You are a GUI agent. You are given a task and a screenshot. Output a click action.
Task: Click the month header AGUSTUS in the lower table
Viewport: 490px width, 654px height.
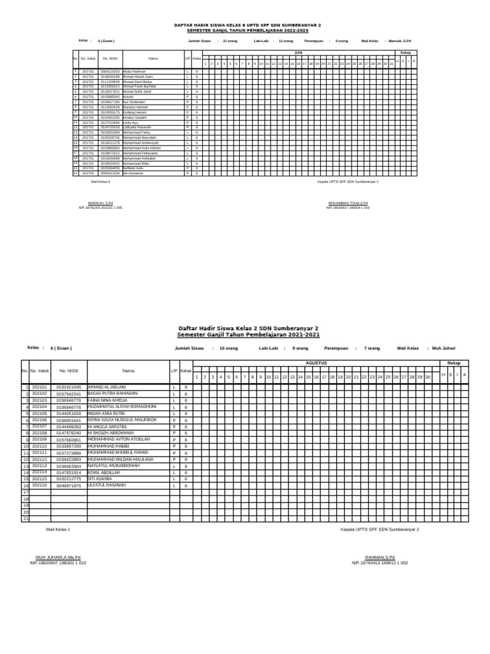316,363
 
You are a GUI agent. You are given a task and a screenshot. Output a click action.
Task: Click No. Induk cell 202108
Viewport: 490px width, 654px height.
40,433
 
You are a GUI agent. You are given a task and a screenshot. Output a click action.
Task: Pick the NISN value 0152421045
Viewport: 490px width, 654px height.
68,387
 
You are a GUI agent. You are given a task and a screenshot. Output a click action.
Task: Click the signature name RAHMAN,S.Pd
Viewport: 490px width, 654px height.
380,558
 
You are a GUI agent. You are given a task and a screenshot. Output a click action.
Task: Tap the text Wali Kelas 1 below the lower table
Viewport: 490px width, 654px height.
57,529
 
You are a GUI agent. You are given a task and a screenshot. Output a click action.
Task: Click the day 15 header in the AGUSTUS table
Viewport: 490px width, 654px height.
308,377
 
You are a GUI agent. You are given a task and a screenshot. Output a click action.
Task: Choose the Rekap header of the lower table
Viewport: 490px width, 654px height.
454,363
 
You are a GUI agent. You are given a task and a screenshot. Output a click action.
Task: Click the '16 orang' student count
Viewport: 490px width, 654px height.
228,348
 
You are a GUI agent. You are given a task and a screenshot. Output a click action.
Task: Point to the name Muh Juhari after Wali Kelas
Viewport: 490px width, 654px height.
444,348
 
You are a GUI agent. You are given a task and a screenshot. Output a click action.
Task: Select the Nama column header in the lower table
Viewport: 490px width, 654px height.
129,370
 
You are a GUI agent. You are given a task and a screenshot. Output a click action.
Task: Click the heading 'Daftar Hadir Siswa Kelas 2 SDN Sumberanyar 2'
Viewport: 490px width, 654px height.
248,326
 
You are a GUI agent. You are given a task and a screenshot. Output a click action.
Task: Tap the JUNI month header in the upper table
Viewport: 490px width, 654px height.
298,52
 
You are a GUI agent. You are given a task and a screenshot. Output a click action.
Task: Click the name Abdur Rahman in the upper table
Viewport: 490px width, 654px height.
135,71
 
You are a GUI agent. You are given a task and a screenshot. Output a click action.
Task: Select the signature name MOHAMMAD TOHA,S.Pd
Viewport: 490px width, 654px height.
348,202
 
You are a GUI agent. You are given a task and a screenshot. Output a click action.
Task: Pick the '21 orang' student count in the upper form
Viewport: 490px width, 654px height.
230,40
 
